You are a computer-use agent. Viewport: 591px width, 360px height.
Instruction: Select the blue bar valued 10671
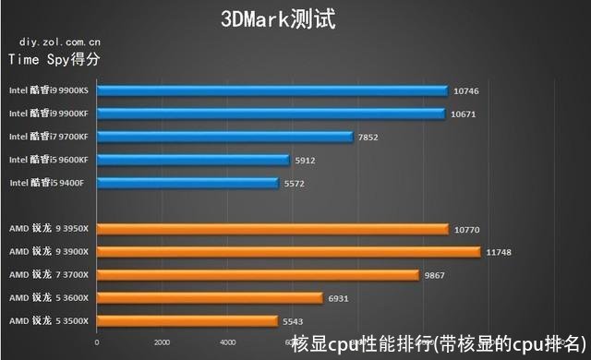(271, 114)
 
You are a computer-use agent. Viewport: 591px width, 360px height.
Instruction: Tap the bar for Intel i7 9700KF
(224, 137)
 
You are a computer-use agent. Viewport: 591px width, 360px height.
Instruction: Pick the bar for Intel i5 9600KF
(193, 160)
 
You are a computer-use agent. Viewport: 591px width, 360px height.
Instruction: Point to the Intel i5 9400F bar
(187, 183)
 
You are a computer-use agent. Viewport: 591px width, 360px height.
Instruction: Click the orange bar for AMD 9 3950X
(272, 228)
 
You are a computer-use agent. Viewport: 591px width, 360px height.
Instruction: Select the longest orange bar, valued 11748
(288, 251)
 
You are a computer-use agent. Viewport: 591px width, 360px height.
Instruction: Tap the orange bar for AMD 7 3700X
(258, 274)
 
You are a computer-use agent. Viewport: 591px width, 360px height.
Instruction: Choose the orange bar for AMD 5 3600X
(210, 297)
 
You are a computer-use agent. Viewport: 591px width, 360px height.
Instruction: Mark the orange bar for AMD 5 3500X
(187, 320)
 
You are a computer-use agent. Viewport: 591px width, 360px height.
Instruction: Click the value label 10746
(465, 91)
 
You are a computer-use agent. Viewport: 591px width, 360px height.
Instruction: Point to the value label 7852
(369, 138)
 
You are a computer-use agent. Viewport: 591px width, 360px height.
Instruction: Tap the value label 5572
(295, 184)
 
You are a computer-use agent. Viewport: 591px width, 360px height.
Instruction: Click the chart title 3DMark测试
(278, 18)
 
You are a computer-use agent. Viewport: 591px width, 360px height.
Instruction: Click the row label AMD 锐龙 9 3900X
(48, 251)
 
